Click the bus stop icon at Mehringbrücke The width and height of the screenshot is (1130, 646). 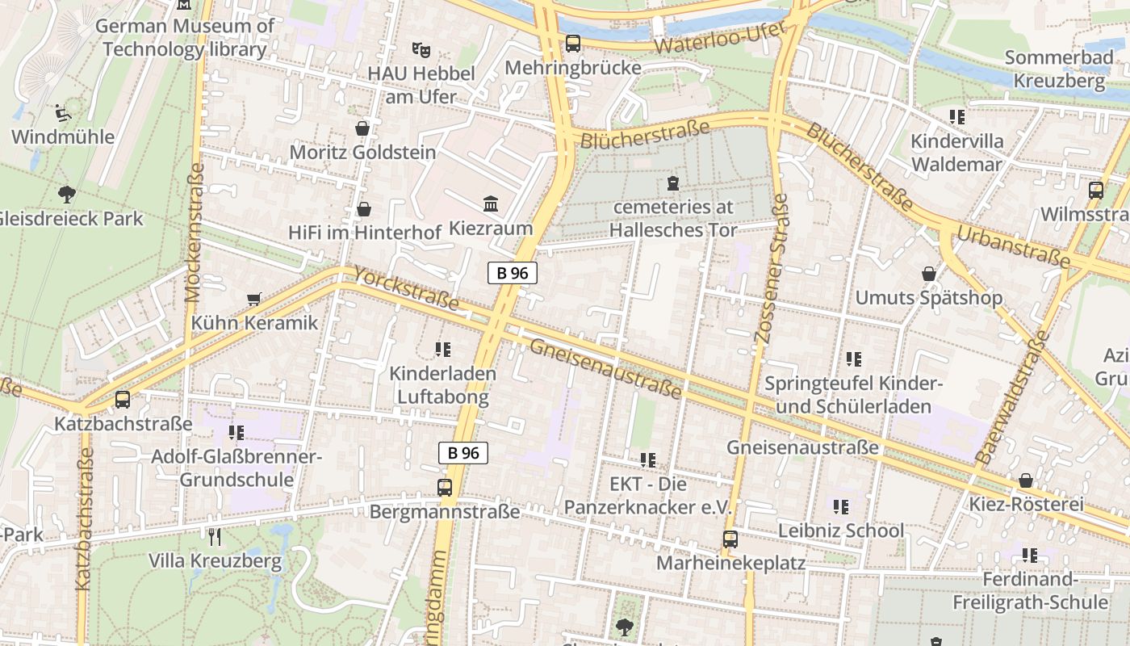click(x=573, y=44)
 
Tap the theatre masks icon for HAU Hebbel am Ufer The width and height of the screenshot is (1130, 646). click(x=420, y=50)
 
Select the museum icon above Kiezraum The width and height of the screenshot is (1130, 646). click(x=491, y=203)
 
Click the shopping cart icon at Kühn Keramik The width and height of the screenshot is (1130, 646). click(x=254, y=300)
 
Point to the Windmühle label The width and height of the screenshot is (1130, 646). click(x=63, y=136)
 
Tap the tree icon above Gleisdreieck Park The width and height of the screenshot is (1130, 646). click(x=67, y=194)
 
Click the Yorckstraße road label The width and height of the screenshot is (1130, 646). click(x=406, y=290)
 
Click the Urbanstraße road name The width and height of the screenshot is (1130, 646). click(x=1013, y=247)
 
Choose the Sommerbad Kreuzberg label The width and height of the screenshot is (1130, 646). click(x=1059, y=69)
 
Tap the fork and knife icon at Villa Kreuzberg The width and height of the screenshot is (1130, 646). click(x=215, y=537)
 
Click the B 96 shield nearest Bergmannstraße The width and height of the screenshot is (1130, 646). click(x=463, y=453)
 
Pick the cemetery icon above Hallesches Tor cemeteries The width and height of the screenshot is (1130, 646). click(x=673, y=183)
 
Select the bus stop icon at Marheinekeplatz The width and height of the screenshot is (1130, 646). click(x=730, y=539)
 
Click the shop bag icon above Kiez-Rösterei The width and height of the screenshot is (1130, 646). click(x=1026, y=481)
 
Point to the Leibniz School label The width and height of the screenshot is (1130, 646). click(x=840, y=531)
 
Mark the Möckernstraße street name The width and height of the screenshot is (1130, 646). click(x=195, y=233)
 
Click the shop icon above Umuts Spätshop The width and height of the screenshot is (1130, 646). click(x=929, y=274)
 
